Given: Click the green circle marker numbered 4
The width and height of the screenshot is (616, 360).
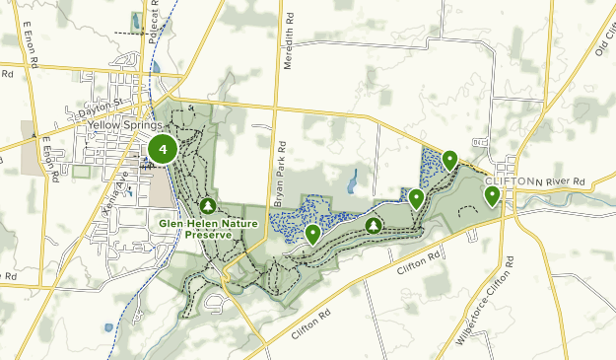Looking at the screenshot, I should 162,151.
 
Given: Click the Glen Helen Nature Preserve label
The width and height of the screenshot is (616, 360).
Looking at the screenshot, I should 206,230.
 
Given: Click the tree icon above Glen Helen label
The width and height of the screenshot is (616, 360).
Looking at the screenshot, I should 207,206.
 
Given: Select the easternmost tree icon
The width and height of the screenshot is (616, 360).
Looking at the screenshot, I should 374,226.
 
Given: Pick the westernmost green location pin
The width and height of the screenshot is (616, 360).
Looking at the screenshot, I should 312,234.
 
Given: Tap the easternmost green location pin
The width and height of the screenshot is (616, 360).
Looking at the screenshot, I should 492,196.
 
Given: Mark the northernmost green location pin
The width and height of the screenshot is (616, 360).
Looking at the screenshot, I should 449,159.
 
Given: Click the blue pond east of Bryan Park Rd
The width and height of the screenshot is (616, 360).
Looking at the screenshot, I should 352,180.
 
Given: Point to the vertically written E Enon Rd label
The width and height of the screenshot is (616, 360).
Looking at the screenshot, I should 45,152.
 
